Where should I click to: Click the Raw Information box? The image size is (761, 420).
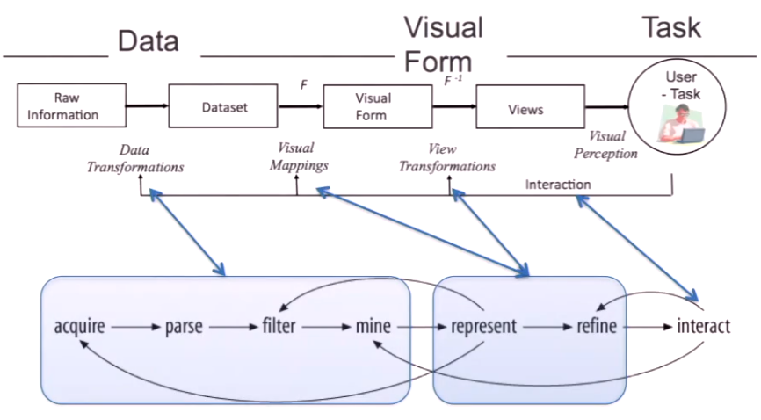coord(72,105)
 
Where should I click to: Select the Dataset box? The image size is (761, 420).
coord(223,106)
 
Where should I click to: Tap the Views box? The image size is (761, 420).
coord(530,107)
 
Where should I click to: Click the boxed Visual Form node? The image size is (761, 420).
coord(378,107)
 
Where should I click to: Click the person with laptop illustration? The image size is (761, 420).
coord(681,124)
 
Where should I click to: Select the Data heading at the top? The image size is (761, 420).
coord(148,40)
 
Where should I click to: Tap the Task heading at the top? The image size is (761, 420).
coord(671,27)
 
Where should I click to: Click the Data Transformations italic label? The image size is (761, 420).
coord(135,158)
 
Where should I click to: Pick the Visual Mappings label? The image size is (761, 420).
coord(299,156)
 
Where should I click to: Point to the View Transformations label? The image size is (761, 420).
coord(447,158)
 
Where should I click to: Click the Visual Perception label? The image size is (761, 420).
coord(605,145)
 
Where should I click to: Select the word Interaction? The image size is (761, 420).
coord(558,185)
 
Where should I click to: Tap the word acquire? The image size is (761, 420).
coord(79,327)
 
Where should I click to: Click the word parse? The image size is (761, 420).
coord(184,327)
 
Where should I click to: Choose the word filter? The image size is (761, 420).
coord(279,325)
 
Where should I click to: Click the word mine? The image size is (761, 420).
coord(373,326)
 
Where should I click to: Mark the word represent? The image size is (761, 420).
coord(484,327)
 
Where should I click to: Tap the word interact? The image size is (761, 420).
coord(703,326)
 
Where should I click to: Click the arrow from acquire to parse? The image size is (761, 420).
coord(135,327)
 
